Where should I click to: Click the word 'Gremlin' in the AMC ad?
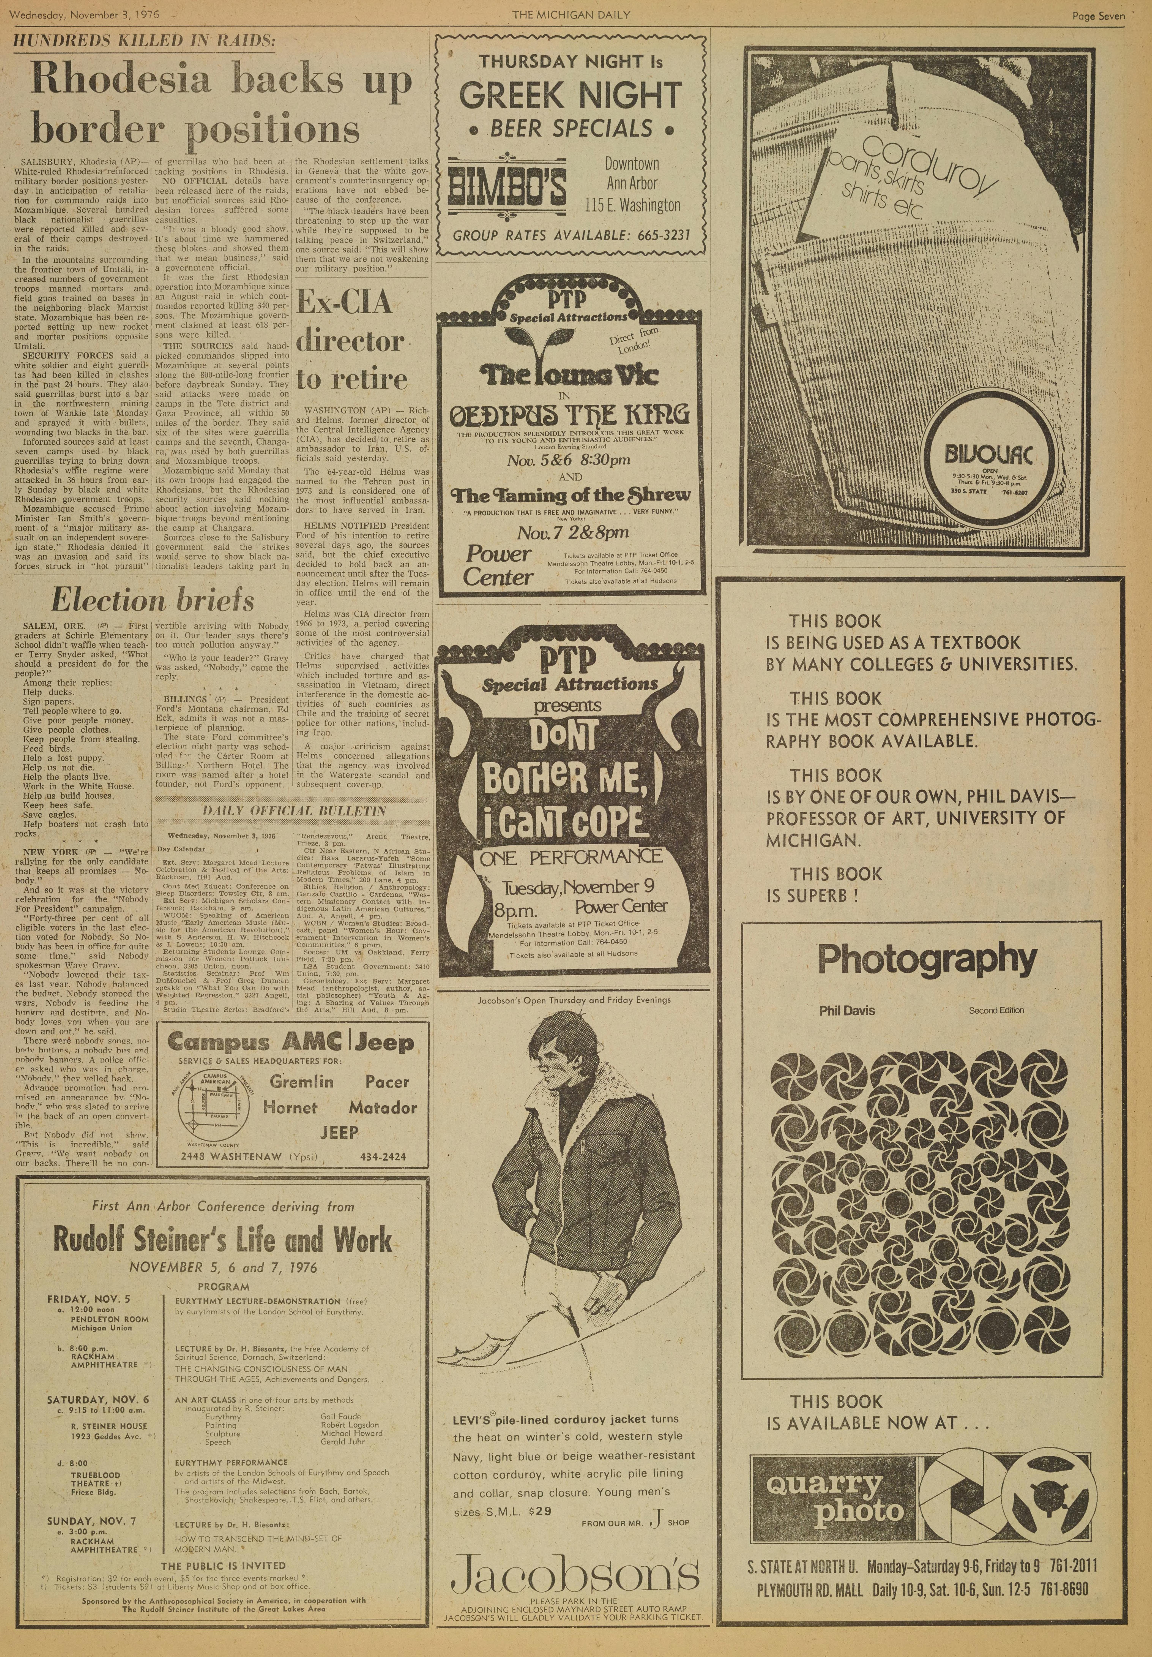[302, 1082]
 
